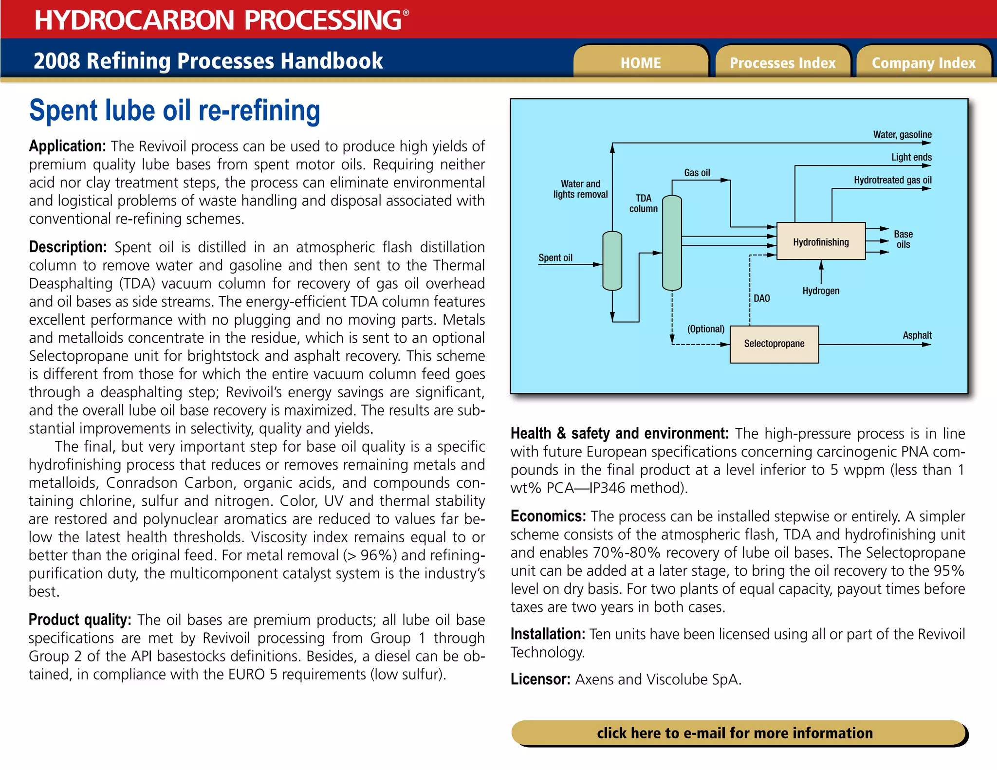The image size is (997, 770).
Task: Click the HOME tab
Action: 641,63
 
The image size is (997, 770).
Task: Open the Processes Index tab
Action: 782,63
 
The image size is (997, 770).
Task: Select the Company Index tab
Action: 923,63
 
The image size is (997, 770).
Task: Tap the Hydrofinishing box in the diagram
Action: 821,241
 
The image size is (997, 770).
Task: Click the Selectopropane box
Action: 774,344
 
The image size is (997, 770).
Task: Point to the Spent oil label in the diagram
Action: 555,257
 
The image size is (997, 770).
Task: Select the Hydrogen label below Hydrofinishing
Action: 821,291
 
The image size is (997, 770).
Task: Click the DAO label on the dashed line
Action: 762,298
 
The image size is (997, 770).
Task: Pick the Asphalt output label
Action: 917,335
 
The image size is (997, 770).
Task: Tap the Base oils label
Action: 903,239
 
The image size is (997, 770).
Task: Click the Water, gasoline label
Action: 902,134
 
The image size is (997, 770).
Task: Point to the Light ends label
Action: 911,157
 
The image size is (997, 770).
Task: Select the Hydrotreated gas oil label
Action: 892,180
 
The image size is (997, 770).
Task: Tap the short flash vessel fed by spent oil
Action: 612,261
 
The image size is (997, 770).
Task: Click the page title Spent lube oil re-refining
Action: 175,110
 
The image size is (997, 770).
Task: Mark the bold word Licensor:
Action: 540,679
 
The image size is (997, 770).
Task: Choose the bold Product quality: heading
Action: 80,620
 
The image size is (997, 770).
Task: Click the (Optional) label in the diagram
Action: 706,329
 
